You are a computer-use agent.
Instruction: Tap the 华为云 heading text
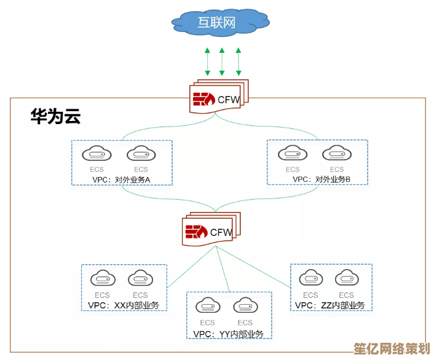pyautogui.click(x=56, y=117)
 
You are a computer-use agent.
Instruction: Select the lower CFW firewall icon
pyautogui.click(x=196, y=232)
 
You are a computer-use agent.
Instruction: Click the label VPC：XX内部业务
pyautogui.click(x=123, y=305)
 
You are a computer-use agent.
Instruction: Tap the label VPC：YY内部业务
pyautogui.click(x=228, y=334)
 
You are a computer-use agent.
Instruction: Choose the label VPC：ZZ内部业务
pyautogui.click(x=329, y=305)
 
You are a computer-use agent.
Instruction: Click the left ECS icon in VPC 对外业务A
pyautogui.click(x=97, y=154)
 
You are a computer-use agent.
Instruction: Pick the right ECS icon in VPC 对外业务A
pyautogui.click(x=141, y=154)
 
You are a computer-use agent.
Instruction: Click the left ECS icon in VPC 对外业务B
pyautogui.click(x=292, y=154)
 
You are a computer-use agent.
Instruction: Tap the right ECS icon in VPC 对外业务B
pyautogui.click(x=336, y=154)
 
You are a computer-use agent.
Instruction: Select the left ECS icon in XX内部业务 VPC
pyautogui.click(x=103, y=280)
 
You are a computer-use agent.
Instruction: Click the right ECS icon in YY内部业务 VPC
pyautogui.click(x=245, y=307)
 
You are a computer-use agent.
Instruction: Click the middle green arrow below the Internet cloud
pyautogui.click(x=222, y=62)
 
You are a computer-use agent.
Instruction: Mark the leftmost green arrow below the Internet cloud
pyautogui.click(x=207, y=62)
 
